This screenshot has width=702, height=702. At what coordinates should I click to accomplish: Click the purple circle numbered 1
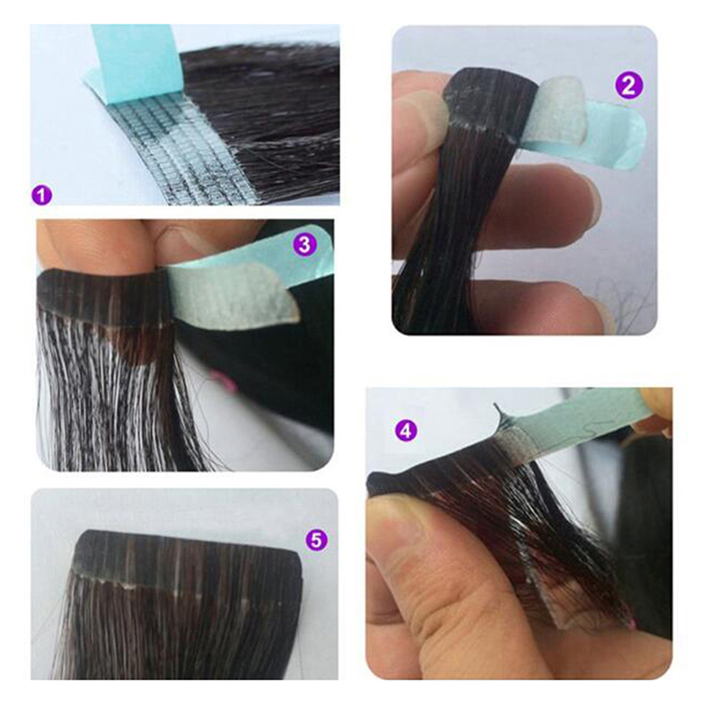point(41,196)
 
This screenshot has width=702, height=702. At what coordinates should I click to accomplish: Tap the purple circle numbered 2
point(629,85)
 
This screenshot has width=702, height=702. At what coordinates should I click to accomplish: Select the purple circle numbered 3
point(304,245)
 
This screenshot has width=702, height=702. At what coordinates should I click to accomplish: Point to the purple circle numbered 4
point(405,431)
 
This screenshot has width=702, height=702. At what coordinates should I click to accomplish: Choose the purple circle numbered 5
point(316,541)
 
